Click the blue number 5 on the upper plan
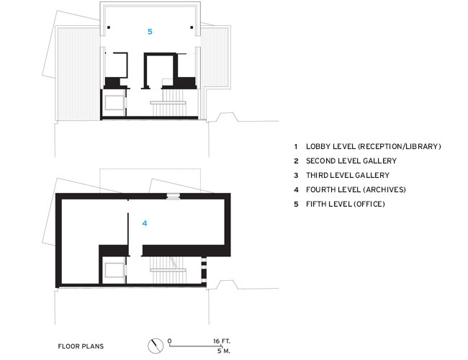(150, 32)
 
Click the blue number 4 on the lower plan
(144, 224)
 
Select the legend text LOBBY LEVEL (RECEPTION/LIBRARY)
(373, 146)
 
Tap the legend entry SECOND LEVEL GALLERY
(351, 161)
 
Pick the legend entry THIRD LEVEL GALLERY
(347, 175)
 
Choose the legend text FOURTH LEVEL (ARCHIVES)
(356, 189)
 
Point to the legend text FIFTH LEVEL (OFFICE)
(346, 204)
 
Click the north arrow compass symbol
(154, 346)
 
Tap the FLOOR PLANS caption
(81, 346)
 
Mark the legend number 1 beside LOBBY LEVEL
(296, 146)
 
